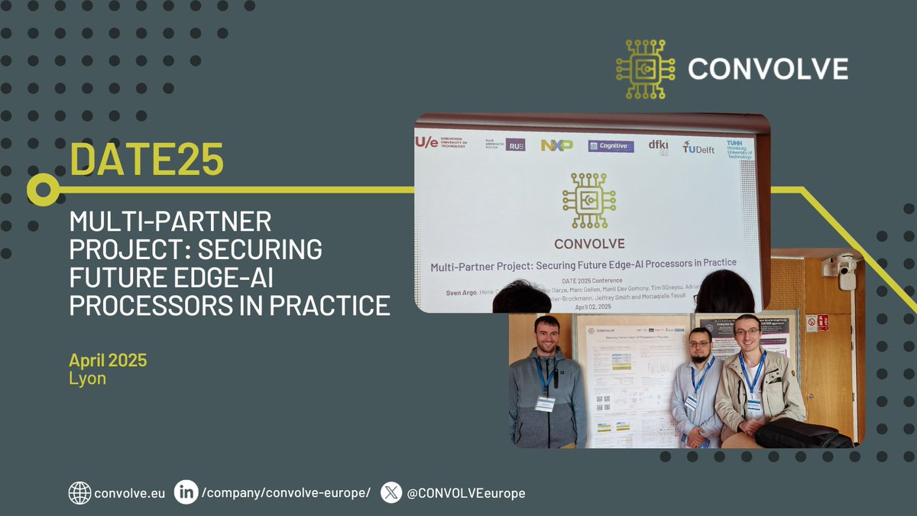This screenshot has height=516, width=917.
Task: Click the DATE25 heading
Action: click(147, 158)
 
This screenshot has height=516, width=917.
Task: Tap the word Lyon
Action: click(87, 378)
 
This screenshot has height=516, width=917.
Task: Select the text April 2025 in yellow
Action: click(108, 359)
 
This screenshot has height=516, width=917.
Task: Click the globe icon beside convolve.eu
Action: click(79, 493)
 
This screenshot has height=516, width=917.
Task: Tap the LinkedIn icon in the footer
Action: click(186, 492)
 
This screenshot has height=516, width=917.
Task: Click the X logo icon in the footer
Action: click(391, 492)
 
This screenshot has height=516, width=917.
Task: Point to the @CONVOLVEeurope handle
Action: click(466, 493)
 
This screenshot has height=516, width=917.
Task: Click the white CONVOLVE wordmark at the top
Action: click(768, 69)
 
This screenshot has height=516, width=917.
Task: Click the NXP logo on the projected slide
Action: click(556, 144)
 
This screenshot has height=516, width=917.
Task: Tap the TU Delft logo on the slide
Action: click(698, 147)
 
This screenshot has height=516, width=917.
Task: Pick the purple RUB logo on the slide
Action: click(515, 144)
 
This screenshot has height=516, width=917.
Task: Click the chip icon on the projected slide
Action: click(588, 200)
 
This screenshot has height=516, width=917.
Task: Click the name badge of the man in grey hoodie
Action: click(545, 404)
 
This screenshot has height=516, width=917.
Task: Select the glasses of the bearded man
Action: click(699, 343)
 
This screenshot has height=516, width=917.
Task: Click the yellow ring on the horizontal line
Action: click(43, 188)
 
